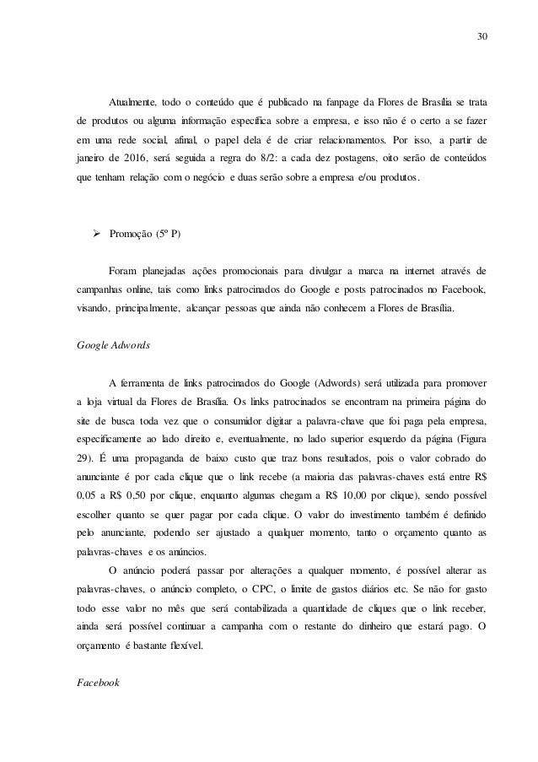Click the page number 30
pos(481,36)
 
